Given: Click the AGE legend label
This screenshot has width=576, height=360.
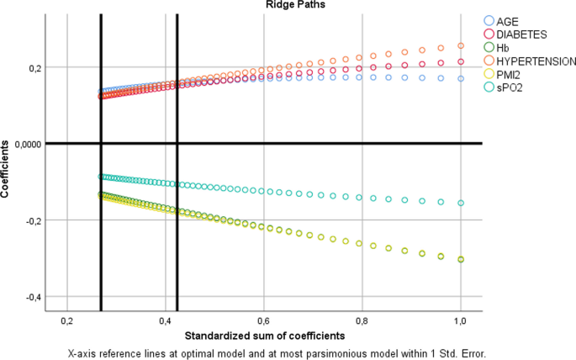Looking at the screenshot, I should click(508, 20).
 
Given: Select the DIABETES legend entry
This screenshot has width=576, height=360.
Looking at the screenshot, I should click(521, 34).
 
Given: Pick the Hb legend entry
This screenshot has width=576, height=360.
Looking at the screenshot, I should click(502, 47).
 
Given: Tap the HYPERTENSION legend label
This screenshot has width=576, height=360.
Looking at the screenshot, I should click(535, 61).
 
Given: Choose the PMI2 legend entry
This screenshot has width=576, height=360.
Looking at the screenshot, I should click(508, 74).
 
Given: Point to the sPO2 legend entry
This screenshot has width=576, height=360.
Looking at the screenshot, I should click(508, 87).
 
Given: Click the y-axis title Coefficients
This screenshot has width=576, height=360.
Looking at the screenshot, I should click(7, 167).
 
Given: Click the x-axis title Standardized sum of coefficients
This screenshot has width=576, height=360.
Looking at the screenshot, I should click(265, 336).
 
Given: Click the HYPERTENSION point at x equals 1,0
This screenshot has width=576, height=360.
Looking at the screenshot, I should click(461, 46).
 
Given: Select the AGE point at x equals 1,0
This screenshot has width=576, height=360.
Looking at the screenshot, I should click(461, 78).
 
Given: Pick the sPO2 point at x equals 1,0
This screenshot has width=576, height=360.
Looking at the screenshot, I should click(461, 203).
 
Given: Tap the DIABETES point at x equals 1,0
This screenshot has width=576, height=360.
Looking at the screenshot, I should click(461, 61).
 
